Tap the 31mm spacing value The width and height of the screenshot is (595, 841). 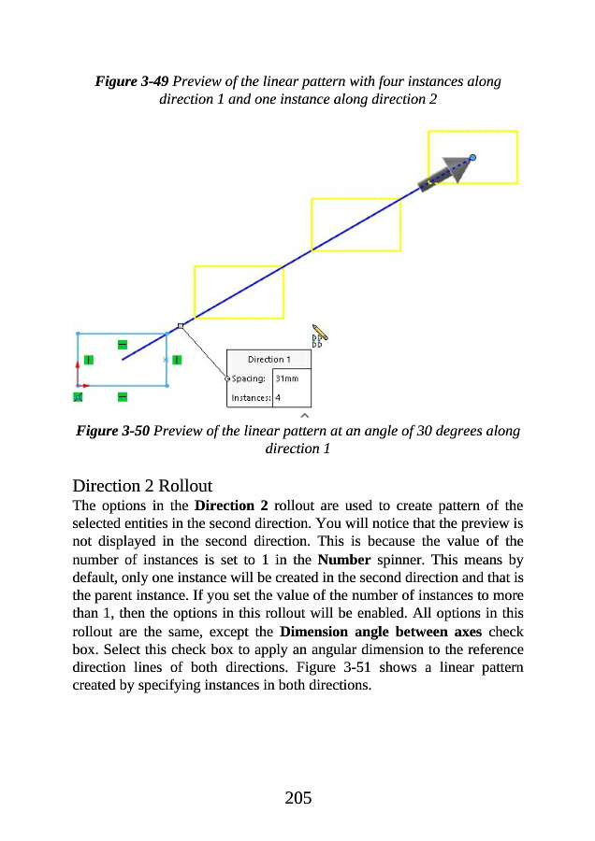[x=286, y=378]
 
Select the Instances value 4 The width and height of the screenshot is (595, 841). [x=279, y=397]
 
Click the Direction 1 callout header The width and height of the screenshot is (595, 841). [x=268, y=359]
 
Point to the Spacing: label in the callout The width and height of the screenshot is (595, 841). [x=248, y=378]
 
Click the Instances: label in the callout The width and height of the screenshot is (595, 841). [x=251, y=397]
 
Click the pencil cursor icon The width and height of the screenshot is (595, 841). [x=320, y=331]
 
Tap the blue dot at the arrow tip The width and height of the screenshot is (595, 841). [x=473, y=158]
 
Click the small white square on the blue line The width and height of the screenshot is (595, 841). [x=181, y=326]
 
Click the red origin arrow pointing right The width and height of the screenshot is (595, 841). [x=84, y=385]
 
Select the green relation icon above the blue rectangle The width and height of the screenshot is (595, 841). [x=123, y=345]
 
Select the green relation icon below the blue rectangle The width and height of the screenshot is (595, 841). [x=123, y=397]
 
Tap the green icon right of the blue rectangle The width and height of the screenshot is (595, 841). [x=177, y=359]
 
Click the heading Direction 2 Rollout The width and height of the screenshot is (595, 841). [x=142, y=486]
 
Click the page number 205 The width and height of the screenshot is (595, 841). [x=297, y=797]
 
